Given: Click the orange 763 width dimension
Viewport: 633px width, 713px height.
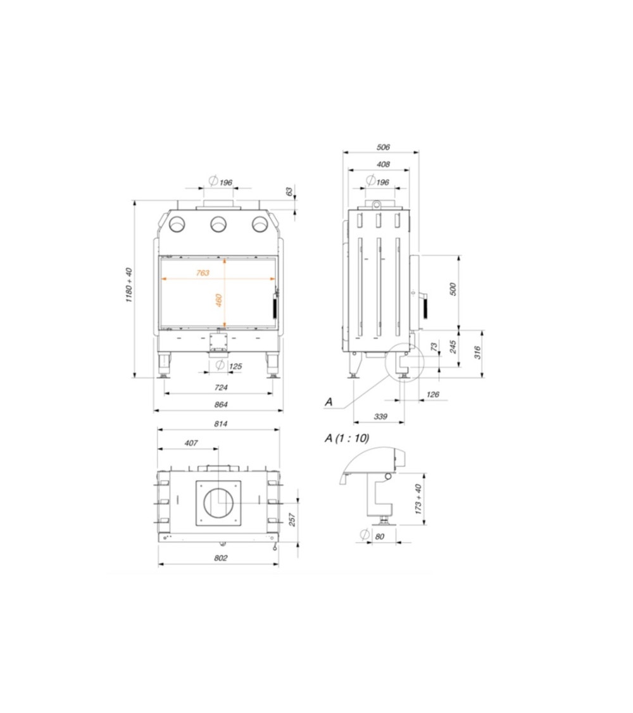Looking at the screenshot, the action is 203,273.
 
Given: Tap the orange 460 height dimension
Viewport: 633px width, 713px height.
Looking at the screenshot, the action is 218,300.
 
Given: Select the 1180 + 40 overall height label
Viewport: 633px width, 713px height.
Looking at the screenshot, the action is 129,286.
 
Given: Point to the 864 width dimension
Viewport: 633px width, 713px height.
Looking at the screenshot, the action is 221,404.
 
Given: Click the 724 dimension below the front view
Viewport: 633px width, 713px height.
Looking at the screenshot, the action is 221,387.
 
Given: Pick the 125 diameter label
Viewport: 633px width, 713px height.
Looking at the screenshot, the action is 230,366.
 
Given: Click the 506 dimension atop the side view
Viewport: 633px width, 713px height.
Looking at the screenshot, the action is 383,147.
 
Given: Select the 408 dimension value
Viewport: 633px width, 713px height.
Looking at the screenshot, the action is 383,164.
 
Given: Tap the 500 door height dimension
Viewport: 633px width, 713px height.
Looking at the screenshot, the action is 452,289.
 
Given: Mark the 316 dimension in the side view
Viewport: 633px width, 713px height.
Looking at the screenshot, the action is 477,352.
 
